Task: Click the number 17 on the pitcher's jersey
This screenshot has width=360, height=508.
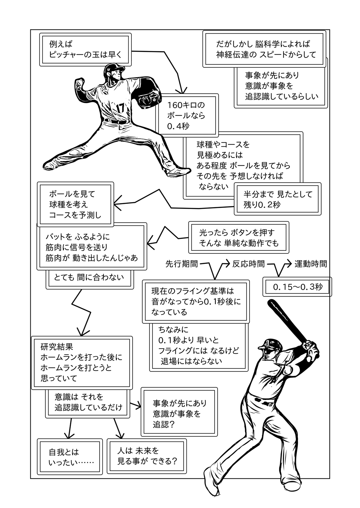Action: point(120,108)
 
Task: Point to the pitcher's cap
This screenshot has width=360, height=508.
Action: point(114,68)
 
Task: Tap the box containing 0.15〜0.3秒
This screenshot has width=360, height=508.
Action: point(297,287)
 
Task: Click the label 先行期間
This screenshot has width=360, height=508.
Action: point(181,264)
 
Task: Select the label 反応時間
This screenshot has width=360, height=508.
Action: point(248,264)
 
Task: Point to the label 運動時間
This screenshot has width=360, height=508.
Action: point(310,264)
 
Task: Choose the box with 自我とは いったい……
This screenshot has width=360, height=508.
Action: point(70,457)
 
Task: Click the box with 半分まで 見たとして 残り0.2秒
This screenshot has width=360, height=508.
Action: point(277,199)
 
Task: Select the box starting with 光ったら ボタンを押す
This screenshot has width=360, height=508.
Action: point(239,238)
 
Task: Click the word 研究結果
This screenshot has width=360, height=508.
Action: point(57,347)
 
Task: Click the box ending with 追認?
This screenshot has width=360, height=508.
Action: point(179,414)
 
